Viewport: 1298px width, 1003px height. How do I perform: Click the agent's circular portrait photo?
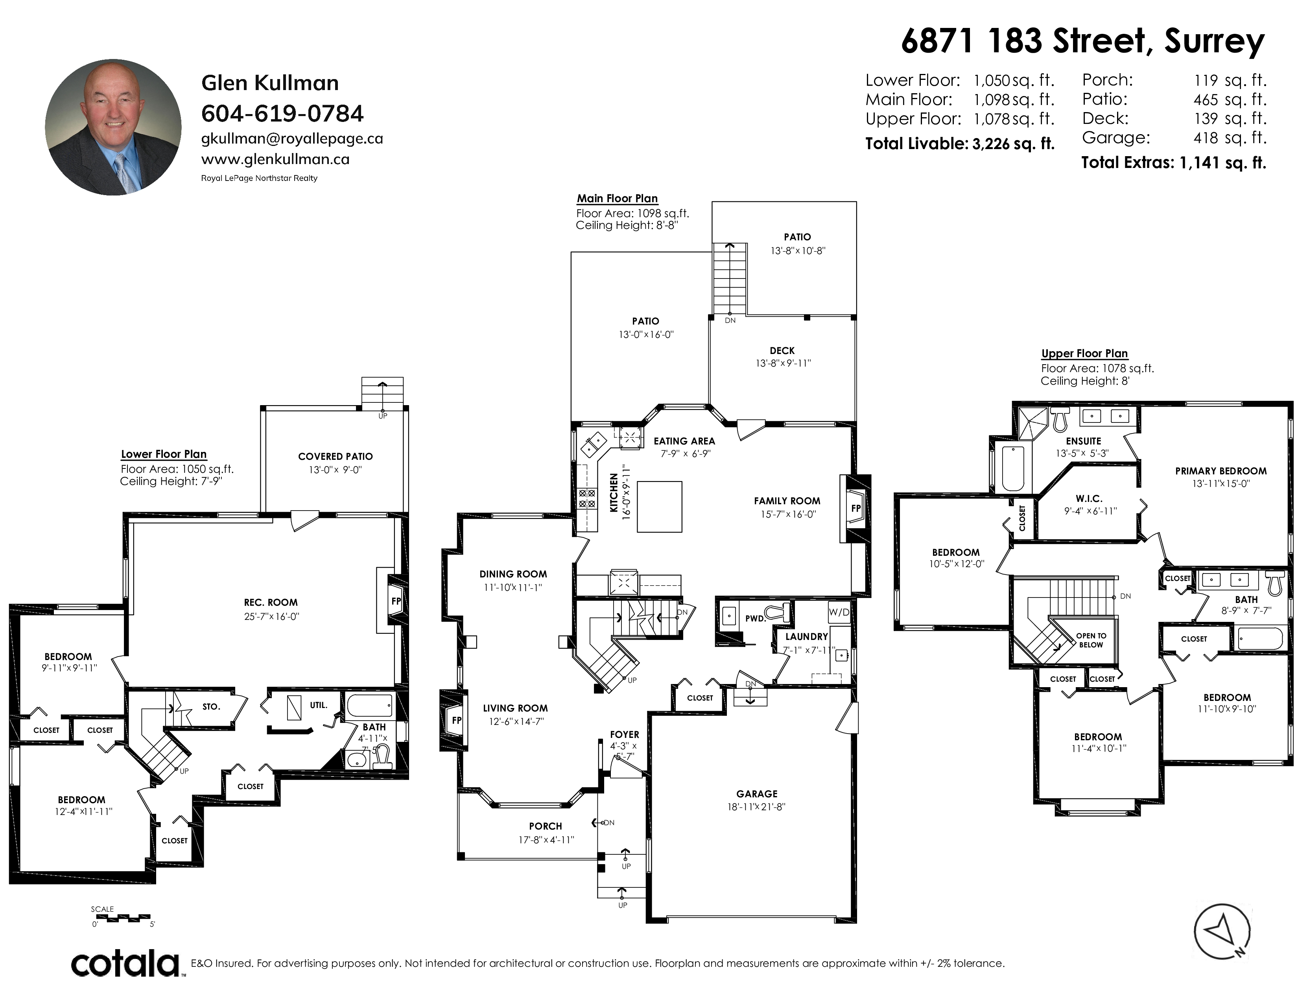114,127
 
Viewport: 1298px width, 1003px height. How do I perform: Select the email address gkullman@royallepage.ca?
292,139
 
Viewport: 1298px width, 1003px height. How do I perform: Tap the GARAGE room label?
756,794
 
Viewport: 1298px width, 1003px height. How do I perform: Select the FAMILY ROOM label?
787,501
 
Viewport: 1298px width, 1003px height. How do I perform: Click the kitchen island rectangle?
660,506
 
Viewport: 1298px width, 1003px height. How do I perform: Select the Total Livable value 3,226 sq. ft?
1013,144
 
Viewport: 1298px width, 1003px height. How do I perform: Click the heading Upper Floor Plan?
1084,354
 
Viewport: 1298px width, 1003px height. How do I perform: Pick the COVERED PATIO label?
335,456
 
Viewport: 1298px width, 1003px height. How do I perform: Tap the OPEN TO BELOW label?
1091,640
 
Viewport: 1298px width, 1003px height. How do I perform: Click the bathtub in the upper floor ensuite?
1013,468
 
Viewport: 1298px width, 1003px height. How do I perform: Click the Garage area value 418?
1206,138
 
